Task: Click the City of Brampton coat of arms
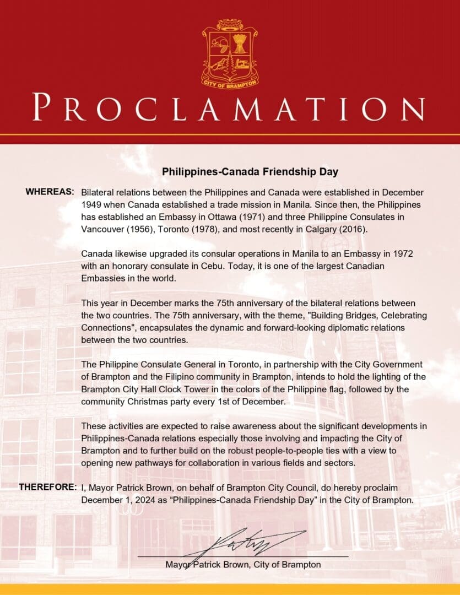230,53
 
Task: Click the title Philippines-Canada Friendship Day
250,172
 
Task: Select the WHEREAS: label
50,192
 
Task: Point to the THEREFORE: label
47,488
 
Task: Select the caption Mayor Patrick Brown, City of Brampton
243,565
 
